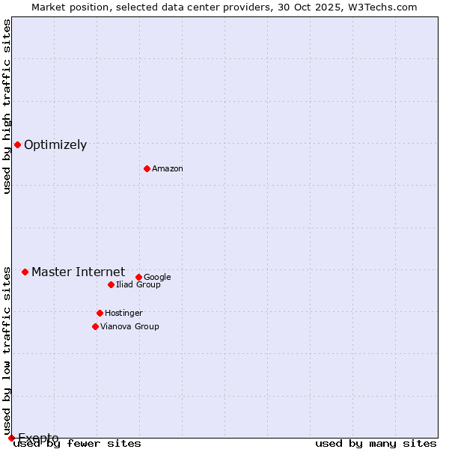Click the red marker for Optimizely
click(17, 144)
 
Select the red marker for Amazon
click(147, 168)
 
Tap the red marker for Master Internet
click(25, 272)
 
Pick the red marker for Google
click(138, 277)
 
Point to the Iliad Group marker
click(111, 284)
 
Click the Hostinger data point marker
click(100, 313)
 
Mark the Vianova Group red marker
click(95, 326)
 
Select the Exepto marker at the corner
click(11, 438)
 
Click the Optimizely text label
click(55, 145)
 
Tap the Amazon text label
click(168, 169)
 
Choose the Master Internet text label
click(78, 272)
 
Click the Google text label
click(157, 278)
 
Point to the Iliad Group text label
click(138, 285)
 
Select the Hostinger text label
click(123, 314)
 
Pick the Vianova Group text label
click(129, 327)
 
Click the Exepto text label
click(38, 438)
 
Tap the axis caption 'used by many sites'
click(376, 444)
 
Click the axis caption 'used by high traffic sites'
click(7, 106)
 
